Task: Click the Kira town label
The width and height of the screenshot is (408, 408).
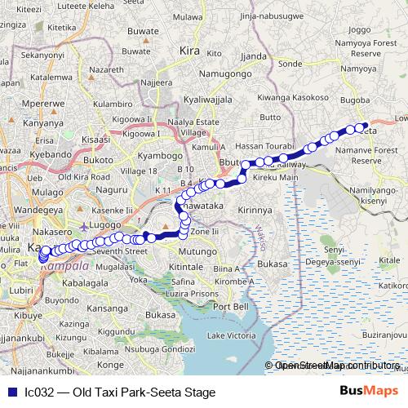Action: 190,51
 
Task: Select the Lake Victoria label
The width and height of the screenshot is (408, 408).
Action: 231,335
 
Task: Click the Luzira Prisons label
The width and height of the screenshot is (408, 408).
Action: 195,292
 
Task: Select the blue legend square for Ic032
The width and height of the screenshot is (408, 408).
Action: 11,392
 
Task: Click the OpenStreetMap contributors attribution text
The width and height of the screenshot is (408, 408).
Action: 335,366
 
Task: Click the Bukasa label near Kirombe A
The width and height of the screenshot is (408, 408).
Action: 272,264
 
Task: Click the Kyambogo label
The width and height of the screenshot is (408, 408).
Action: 156,154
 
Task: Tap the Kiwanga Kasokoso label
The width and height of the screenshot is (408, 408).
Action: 292,98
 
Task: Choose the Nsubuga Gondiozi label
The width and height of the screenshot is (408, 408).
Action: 160,348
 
